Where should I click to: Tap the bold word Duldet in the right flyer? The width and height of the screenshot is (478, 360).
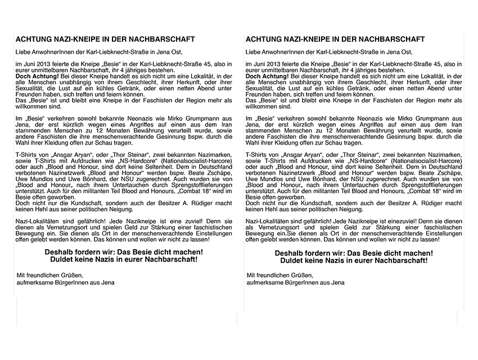pos(292,260)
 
